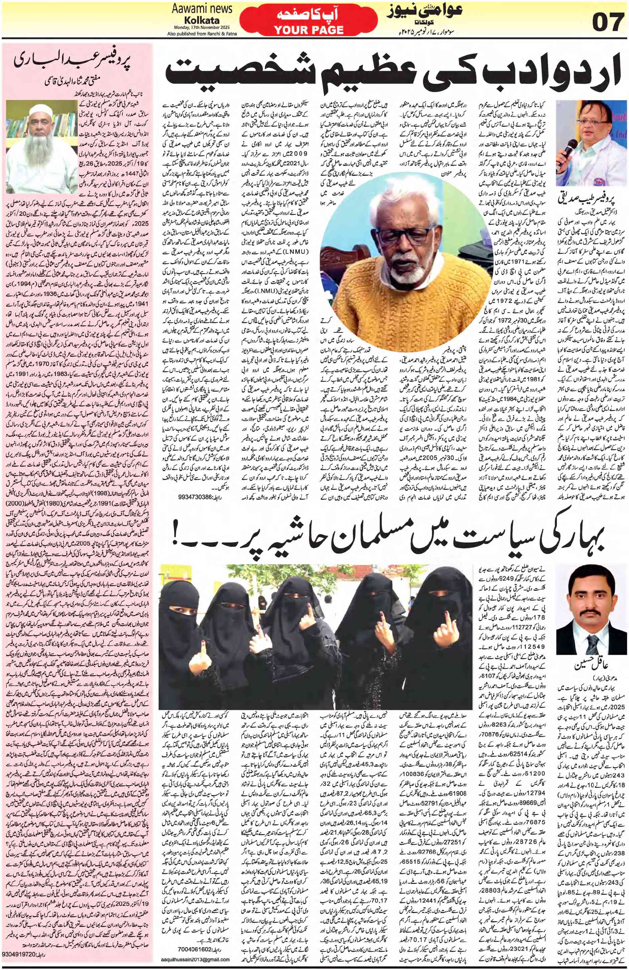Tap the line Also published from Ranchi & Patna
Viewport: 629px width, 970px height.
[x=202, y=33]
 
